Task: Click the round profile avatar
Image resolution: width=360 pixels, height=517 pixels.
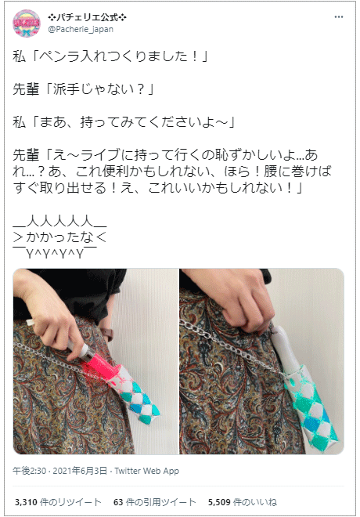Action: coord(27,23)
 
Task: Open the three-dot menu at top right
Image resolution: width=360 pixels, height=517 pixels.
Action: coord(338,17)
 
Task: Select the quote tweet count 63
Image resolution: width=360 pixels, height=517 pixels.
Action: coord(119,501)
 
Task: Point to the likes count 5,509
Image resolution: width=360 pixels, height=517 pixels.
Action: coord(221,501)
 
